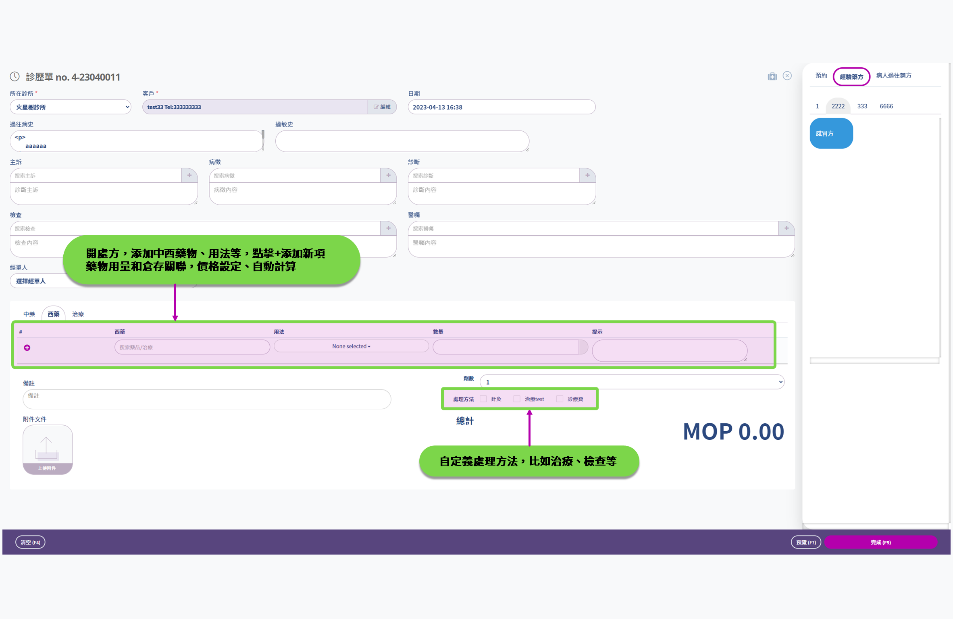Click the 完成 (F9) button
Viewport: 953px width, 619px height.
click(x=880, y=542)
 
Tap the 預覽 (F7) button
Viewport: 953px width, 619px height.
click(x=805, y=542)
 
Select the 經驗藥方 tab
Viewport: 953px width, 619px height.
click(x=851, y=77)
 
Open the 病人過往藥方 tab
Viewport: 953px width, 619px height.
click(x=893, y=75)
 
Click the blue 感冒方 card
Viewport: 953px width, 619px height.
click(x=831, y=133)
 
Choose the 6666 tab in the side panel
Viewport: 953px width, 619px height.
click(x=886, y=106)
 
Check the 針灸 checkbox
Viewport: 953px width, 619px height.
click(x=483, y=399)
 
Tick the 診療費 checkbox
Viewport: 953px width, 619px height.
click(x=560, y=399)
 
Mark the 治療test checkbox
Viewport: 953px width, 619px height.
click(x=517, y=399)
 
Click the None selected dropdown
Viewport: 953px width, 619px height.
click(x=351, y=346)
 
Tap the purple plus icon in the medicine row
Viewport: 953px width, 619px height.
click(x=27, y=348)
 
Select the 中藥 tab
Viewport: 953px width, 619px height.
click(x=29, y=314)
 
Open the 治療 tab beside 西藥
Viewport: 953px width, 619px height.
click(x=78, y=314)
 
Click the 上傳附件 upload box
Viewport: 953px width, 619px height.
click(x=48, y=449)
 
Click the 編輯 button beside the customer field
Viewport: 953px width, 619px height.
click(x=382, y=107)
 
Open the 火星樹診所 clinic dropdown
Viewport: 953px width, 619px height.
click(x=71, y=107)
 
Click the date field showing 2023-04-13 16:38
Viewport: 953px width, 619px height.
click(x=501, y=107)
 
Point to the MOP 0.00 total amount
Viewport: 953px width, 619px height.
click(x=733, y=431)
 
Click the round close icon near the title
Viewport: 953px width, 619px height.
click(x=787, y=76)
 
